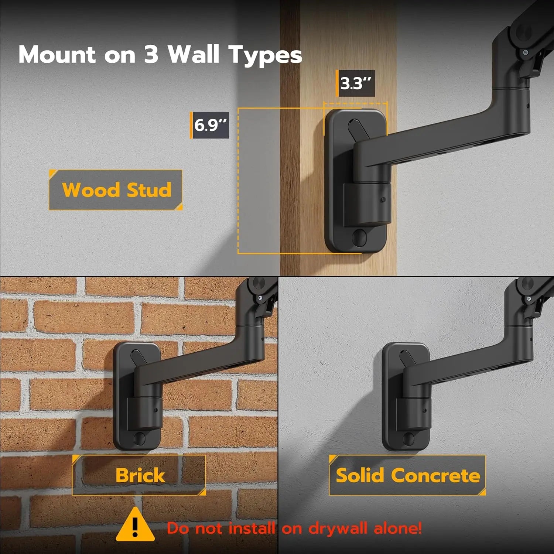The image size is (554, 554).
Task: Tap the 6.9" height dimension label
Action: click(x=210, y=125)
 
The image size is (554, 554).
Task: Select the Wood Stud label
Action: click(x=116, y=190)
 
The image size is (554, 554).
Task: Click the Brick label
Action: click(x=139, y=475)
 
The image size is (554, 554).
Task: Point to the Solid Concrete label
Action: click(x=407, y=475)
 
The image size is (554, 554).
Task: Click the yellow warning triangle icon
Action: click(x=135, y=525)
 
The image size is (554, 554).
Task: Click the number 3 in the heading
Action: click(x=151, y=55)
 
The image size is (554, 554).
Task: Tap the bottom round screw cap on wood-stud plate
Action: click(x=359, y=237)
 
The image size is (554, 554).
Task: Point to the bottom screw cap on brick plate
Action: click(x=140, y=438)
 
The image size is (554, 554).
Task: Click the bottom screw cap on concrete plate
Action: click(x=408, y=439)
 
